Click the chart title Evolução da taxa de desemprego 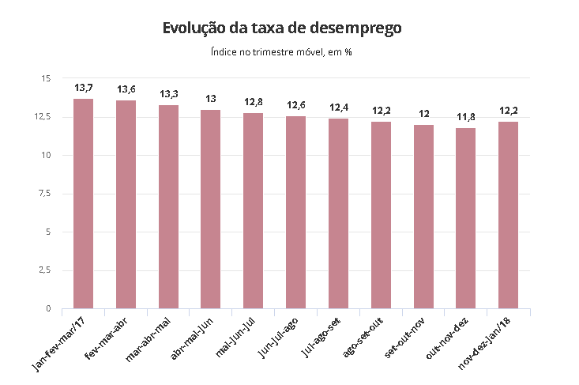click(283, 28)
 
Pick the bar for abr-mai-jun click(211, 209)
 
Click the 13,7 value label click(84, 87)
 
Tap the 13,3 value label click(168, 93)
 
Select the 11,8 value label click(466, 116)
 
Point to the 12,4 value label click(338, 107)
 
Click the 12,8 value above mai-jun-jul click(254, 101)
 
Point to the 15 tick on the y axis click(45, 78)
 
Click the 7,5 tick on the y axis click(44, 193)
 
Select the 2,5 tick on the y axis click(44, 270)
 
